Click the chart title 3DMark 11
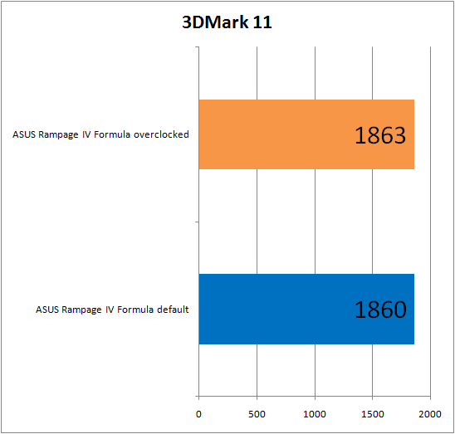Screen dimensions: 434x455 227,23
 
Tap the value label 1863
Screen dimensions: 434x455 379,136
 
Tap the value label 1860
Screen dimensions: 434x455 379,310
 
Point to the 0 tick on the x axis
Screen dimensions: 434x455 198,412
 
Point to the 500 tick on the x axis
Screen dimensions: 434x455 257,412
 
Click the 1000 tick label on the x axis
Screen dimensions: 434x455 315,412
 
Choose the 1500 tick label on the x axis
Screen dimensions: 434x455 372,412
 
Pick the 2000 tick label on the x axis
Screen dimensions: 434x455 430,412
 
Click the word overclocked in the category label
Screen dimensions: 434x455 164,134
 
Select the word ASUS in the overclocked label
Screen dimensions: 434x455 24,134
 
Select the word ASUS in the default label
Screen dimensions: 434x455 47,310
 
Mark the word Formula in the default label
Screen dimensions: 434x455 136,310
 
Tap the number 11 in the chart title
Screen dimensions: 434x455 262,23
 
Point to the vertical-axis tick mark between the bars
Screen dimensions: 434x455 196,222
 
